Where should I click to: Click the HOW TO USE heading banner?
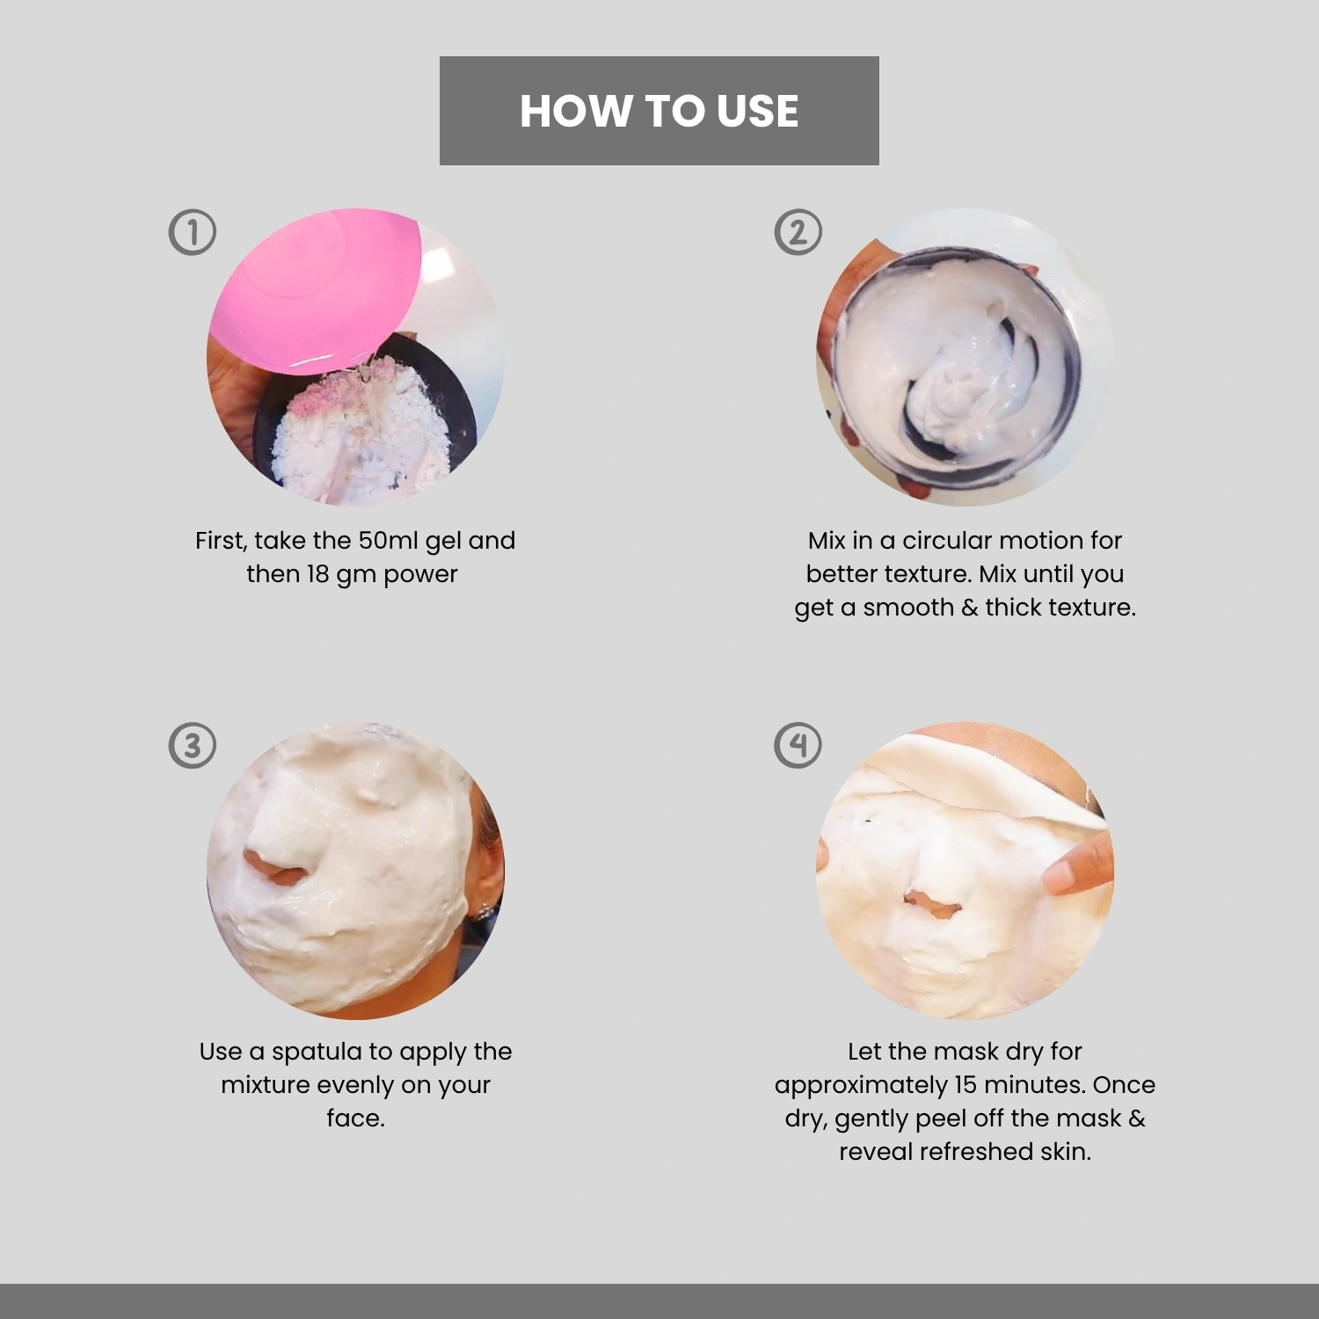[x=659, y=111]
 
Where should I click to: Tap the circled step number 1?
[x=192, y=232]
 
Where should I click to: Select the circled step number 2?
[x=798, y=232]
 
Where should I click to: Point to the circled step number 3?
[x=192, y=746]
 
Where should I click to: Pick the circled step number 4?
[x=798, y=746]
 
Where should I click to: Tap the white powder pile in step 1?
[x=361, y=431]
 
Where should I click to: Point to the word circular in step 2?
[x=947, y=540]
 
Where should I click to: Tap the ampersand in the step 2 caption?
[x=969, y=608]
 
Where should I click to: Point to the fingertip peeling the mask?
[x=1060, y=875]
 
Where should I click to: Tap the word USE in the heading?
[x=757, y=112]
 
